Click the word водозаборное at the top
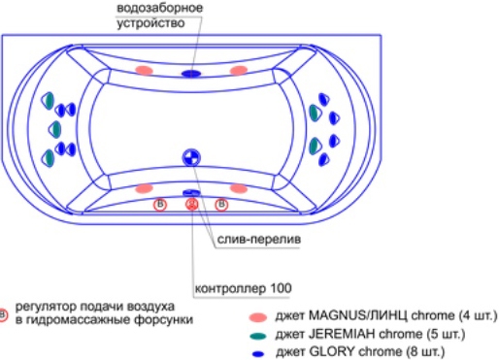(x=159, y=8)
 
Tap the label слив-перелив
(x=259, y=240)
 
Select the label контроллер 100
(x=243, y=288)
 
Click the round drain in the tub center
(x=191, y=158)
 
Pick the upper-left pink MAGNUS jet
(x=144, y=70)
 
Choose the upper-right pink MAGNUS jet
(x=239, y=70)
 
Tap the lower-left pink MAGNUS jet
(x=144, y=188)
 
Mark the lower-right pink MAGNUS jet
(x=239, y=188)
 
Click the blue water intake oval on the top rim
(x=191, y=74)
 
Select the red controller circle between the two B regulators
(x=192, y=204)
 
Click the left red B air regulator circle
(x=160, y=205)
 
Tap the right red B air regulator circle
(x=221, y=205)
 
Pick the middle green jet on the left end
(x=55, y=129)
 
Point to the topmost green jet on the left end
(x=48, y=101)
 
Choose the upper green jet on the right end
(x=315, y=113)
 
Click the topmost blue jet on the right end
(x=323, y=99)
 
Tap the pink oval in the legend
(x=258, y=317)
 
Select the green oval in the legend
(x=258, y=336)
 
